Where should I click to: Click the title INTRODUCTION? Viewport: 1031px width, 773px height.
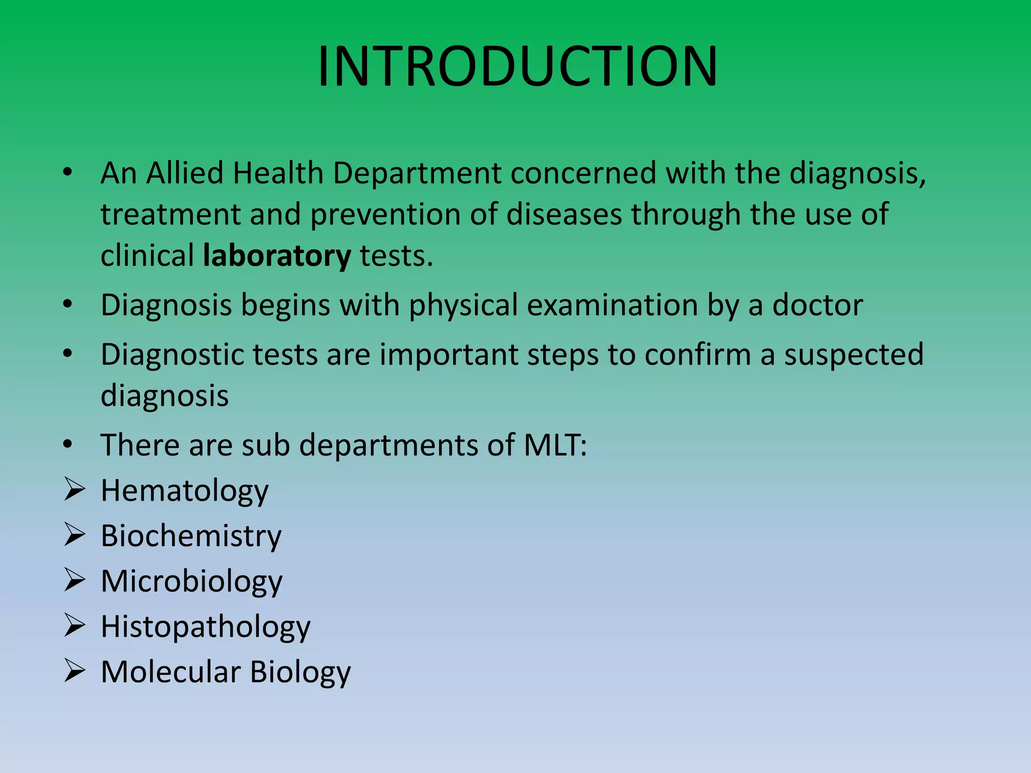click(518, 67)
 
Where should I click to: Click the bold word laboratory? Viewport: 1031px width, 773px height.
click(276, 256)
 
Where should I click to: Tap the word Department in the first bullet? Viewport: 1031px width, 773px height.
click(417, 173)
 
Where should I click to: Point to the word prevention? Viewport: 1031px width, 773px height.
click(386, 215)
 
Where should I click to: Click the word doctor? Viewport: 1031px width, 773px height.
click(818, 305)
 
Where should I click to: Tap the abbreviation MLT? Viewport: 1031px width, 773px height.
click(555, 445)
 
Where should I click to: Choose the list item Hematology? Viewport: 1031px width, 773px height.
click(185, 491)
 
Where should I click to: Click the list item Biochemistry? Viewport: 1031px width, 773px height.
click(191, 536)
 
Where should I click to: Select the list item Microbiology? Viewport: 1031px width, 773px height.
click(192, 582)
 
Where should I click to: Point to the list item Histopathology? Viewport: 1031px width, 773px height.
click(205, 628)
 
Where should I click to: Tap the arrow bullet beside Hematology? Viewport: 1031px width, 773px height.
click(75, 490)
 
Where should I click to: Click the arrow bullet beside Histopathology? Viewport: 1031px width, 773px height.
click(75, 626)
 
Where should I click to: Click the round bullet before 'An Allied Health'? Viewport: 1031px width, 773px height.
click(68, 173)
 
